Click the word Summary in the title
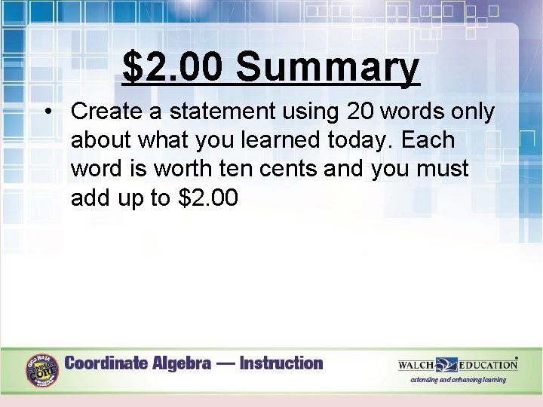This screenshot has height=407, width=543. coord(327,69)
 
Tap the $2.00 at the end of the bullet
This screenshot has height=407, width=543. coord(208,198)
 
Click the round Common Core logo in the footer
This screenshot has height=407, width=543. coord(42,370)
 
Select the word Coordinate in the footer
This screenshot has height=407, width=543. coord(106,363)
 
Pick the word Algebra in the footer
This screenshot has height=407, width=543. coord(183,363)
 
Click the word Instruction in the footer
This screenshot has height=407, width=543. coord(281,363)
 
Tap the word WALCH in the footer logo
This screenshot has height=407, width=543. coord(416,365)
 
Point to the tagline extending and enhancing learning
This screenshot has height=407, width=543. coord(458,380)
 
